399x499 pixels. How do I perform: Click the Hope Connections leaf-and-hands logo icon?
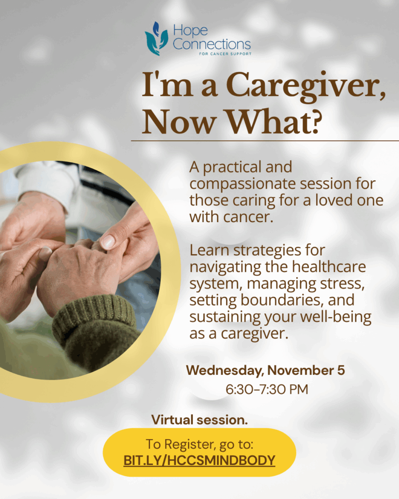point(156,38)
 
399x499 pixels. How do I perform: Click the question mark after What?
point(316,122)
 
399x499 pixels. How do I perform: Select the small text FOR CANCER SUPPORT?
point(225,54)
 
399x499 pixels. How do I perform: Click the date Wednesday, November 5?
point(266,370)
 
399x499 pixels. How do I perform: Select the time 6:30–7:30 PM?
point(267,389)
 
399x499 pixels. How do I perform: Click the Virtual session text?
point(200,420)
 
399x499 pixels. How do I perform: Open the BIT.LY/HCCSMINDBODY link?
point(199,461)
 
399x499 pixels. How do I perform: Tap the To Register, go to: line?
point(200,444)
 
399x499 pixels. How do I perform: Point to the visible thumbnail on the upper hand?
point(108,242)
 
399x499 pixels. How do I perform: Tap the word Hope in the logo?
point(190,31)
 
